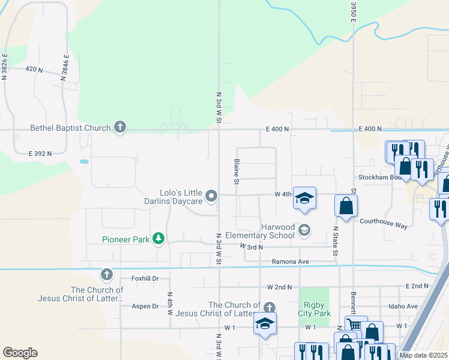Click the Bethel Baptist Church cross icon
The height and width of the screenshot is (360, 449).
click(120, 127)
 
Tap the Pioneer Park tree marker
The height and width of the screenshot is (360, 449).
click(158, 239)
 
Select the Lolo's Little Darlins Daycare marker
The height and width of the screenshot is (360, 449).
click(211, 196)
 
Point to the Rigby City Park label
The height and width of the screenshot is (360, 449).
click(314, 309)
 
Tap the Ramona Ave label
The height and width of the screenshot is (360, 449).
click(290, 262)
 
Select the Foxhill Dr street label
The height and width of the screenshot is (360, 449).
click(145, 278)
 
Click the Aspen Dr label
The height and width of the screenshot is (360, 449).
click(145, 306)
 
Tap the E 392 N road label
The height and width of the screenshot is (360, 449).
click(40, 154)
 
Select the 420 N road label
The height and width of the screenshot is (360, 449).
click(34, 70)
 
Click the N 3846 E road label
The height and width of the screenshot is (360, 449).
click(64, 67)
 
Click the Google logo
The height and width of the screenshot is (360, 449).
click(20, 353)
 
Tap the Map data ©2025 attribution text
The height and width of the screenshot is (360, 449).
click(423, 355)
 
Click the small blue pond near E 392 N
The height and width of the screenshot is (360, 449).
click(83, 161)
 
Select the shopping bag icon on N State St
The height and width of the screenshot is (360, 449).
click(346, 206)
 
